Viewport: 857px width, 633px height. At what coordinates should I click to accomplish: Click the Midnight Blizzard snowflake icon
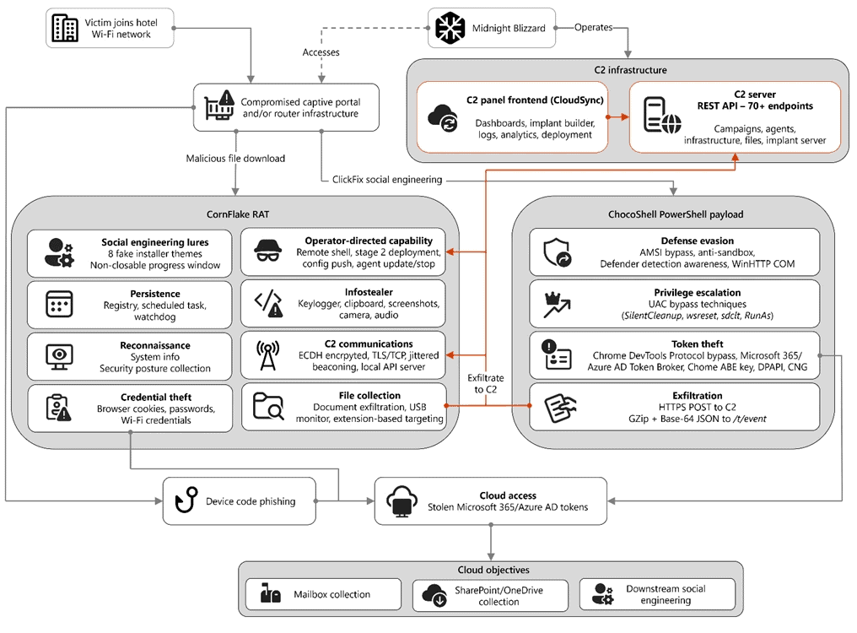[450, 28]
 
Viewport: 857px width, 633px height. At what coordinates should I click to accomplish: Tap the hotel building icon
[64, 28]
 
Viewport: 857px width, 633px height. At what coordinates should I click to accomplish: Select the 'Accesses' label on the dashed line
[321, 52]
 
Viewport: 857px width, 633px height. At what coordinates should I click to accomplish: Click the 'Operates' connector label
[593, 27]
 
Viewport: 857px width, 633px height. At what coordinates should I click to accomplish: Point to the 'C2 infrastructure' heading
[630, 70]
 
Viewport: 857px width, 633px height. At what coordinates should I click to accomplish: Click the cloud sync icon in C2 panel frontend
[443, 117]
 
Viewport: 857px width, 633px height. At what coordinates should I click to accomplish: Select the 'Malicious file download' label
[235, 158]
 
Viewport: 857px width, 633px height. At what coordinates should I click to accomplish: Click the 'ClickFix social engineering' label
[387, 180]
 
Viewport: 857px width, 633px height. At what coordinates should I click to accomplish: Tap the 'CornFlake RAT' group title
[238, 214]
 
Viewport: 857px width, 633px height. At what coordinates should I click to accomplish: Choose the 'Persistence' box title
[155, 294]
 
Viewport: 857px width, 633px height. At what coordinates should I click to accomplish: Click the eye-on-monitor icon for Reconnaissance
[59, 357]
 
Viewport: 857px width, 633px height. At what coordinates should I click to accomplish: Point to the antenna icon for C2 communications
[268, 355]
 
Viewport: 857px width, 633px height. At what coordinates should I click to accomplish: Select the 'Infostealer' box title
[369, 292]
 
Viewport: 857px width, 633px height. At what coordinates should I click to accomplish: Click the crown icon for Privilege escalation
[557, 305]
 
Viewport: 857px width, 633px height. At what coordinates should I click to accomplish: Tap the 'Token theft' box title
[698, 344]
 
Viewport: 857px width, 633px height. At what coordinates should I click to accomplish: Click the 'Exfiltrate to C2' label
[485, 383]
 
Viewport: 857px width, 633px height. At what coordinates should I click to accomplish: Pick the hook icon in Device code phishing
[186, 500]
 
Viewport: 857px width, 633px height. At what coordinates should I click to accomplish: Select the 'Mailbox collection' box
[324, 594]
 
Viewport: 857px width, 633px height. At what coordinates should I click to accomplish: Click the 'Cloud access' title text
[508, 495]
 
